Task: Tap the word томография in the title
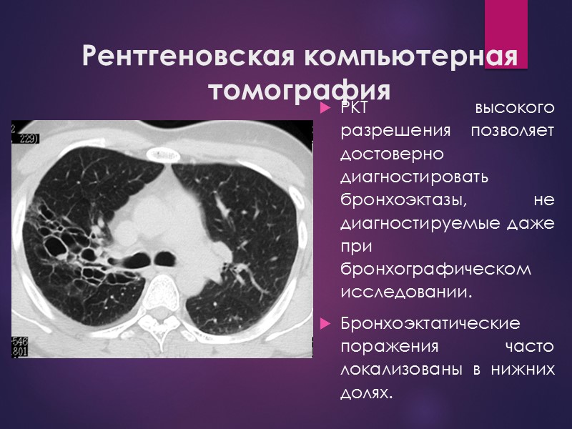click(300, 92)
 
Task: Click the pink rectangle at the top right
click(506, 34)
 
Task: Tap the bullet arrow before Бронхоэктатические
click(326, 324)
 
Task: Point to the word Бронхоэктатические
click(430, 324)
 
